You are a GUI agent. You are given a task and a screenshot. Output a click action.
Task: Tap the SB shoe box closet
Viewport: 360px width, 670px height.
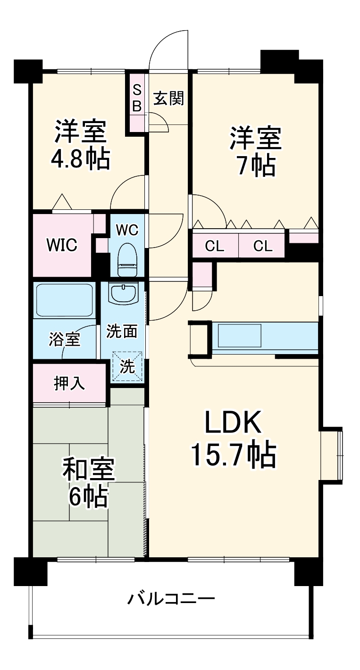[x=136, y=99]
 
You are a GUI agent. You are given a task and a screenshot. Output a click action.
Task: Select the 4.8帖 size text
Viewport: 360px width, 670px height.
[x=80, y=159]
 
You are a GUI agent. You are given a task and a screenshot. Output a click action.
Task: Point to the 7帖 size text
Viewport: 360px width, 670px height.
[x=256, y=165]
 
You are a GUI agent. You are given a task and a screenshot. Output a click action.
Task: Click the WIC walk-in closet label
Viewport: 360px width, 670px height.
[x=61, y=245]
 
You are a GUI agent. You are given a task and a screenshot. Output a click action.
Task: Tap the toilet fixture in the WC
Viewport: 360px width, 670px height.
[x=127, y=258]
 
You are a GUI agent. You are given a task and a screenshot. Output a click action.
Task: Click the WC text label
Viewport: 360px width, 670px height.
[x=127, y=230]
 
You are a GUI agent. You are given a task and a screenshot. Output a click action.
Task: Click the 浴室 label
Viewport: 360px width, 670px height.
[x=64, y=339]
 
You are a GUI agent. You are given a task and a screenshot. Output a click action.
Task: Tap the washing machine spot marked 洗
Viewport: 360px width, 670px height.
[x=126, y=367]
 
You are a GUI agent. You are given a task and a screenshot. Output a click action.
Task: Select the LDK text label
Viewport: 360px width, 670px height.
[x=233, y=423]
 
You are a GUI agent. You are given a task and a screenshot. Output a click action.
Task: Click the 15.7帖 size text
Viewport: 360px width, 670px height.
[x=233, y=454]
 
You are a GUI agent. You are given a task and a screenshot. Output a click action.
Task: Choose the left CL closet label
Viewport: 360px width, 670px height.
[x=215, y=246]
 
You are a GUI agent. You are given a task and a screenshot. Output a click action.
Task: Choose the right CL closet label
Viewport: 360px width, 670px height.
[x=263, y=246]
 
